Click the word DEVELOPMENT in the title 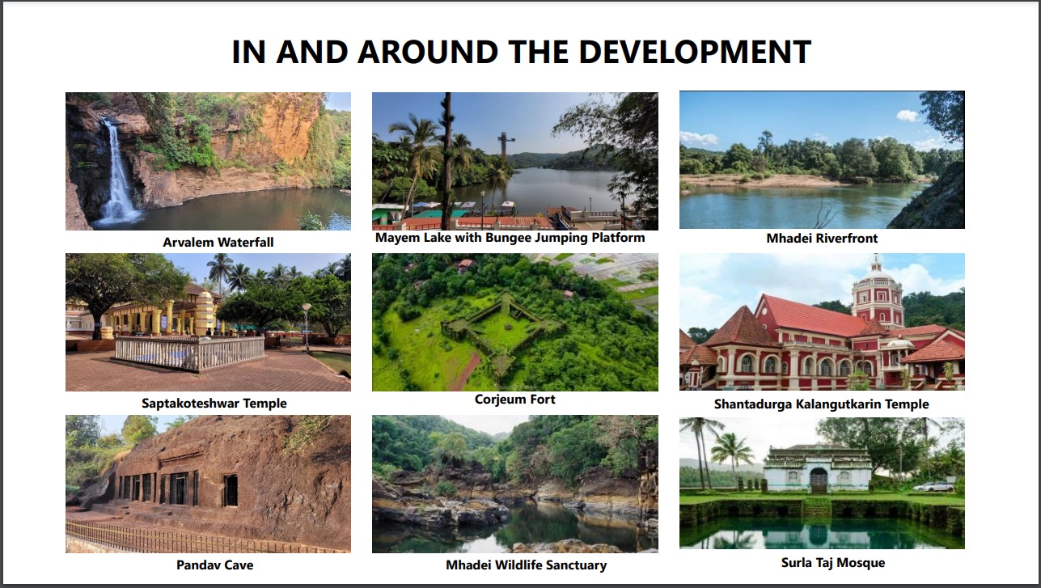pyautogui.click(x=695, y=52)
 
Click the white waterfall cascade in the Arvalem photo pyautogui.click(x=116, y=174)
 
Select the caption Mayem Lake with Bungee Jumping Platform pyautogui.click(x=510, y=238)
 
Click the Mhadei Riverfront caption pyautogui.click(x=822, y=238)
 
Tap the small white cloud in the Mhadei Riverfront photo pyautogui.click(x=907, y=116)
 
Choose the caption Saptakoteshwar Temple pyautogui.click(x=214, y=403)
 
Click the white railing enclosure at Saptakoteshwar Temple pyautogui.click(x=189, y=353)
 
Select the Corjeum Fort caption pyautogui.click(x=515, y=399)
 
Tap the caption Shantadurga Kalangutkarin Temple pyautogui.click(x=821, y=404)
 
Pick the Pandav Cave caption pyautogui.click(x=214, y=565)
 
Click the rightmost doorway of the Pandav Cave pyautogui.click(x=231, y=490)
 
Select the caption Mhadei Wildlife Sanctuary pyautogui.click(x=526, y=565)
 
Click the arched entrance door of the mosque pyautogui.click(x=819, y=480)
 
